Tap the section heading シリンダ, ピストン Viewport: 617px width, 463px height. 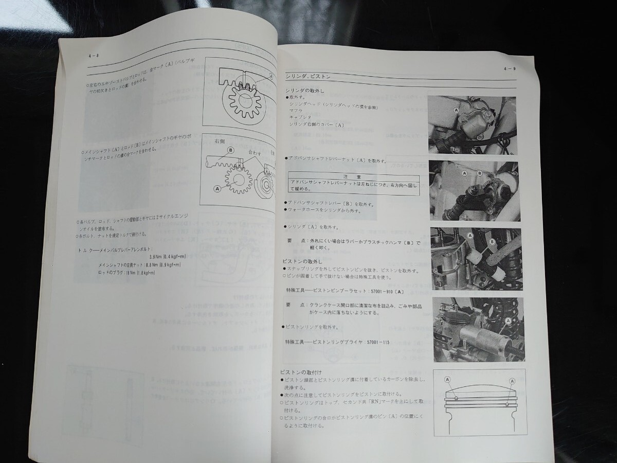pos(308,77)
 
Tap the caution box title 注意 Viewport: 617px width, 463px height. pos(354,175)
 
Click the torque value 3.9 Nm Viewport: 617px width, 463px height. pos(154,256)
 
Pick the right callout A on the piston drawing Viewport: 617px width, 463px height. pos(512,381)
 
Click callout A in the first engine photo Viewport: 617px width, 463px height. pos(442,110)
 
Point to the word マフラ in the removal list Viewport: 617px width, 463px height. pos(296,110)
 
